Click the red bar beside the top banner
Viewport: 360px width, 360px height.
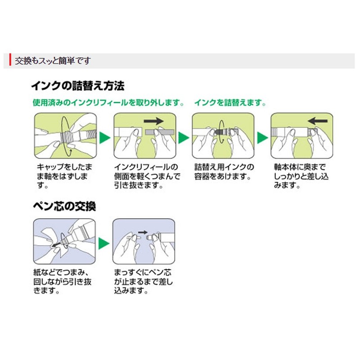10,60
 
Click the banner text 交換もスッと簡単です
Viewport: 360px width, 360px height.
53,60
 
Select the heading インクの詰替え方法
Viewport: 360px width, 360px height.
77,85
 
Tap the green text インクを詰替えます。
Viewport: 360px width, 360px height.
230,102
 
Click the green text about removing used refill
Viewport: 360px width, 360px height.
108,102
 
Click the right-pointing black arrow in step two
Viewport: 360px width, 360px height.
153,121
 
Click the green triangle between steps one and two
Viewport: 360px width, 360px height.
104,136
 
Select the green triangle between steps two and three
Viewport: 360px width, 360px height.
183,136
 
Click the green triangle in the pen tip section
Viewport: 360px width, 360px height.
104,243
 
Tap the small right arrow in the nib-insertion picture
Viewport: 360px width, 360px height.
142,233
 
